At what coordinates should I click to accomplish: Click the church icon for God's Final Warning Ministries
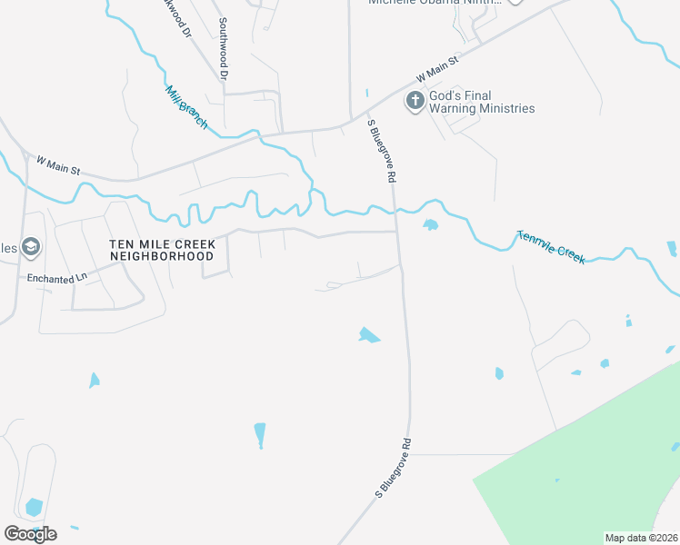[x=415, y=100]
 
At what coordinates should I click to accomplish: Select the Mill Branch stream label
[x=185, y=105]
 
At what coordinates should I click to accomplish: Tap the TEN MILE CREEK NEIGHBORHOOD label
[x=162, y=250]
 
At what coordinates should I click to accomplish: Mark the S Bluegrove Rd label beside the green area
[x=395, y=468]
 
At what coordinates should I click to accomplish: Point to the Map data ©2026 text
[x=640, y=538]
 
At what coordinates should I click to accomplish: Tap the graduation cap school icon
[x=32, y=246]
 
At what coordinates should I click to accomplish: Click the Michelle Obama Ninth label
[x=435, y=3]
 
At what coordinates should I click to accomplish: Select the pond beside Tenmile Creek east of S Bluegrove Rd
[x=430, y=224]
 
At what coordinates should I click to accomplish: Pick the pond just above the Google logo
[x=34, y=507]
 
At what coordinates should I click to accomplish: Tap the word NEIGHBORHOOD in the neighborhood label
[x=162, y=256]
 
